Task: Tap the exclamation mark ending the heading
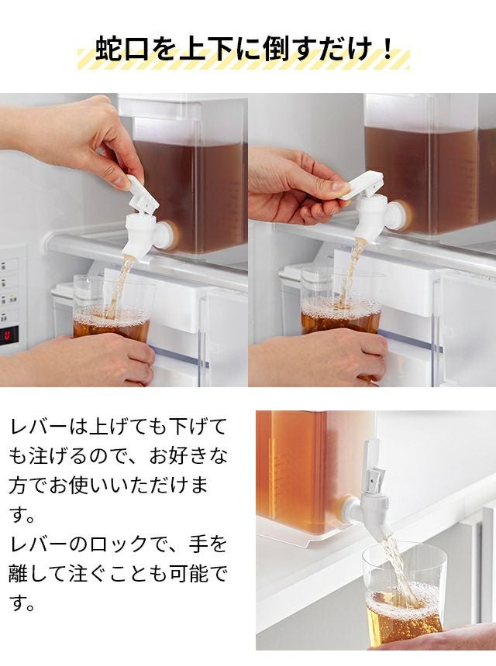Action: [387, 49]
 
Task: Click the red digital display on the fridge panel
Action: [9, 337]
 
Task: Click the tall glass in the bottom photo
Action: [405, 595]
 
